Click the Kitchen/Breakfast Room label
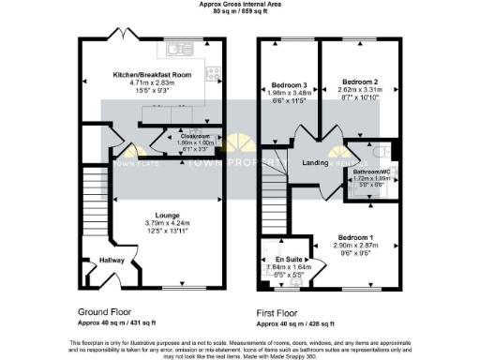pos(151,74)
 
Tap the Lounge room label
pos(154,215)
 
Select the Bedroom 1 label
pos(356,236)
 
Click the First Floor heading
pos(279,310)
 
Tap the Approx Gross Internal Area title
pos(240,4)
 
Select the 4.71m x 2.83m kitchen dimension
pos(151,82)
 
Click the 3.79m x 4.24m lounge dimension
pos(154,222)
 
